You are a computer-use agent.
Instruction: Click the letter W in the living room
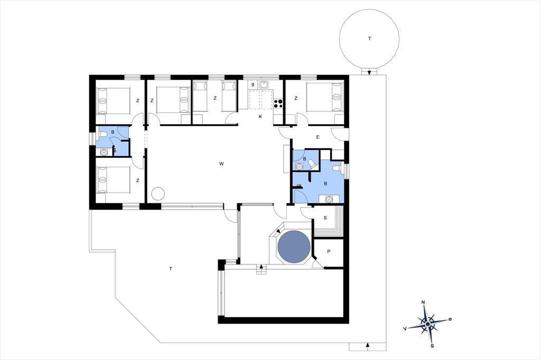221,164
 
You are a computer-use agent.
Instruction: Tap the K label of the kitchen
260,117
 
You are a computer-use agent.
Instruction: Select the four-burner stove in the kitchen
278,102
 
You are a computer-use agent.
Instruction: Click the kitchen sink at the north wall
264,84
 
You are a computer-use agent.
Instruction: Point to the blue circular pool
294,247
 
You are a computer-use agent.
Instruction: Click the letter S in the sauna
325,218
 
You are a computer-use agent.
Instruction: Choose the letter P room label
329,251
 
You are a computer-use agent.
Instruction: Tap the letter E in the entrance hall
318,137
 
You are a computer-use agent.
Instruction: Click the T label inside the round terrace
369,39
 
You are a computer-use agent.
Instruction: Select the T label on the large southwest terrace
171,269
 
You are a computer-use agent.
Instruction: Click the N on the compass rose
423,302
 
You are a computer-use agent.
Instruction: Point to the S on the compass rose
432,345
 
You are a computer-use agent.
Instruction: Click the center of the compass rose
428,324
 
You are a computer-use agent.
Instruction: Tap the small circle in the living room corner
158,193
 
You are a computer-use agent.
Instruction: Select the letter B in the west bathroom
113,132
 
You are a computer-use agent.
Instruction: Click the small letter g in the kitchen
253,84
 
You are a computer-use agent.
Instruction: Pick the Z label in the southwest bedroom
138,181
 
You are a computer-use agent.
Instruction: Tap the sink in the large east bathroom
329,199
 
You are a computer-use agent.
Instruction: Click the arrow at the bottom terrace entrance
368,345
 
